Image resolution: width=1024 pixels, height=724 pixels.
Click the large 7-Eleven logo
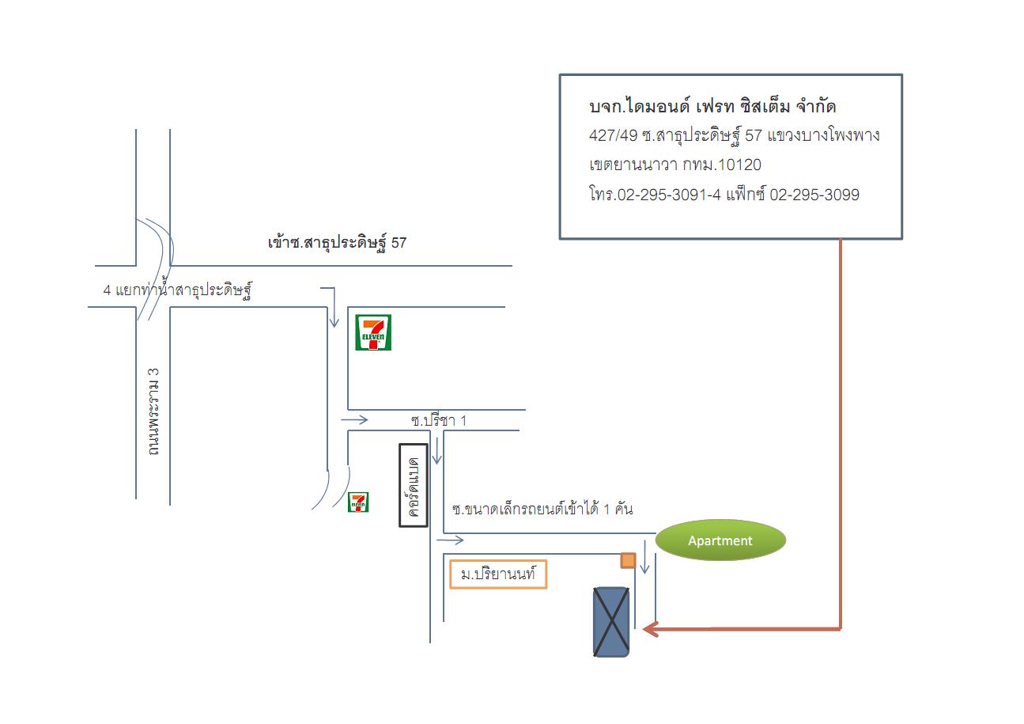[x=373, y=332]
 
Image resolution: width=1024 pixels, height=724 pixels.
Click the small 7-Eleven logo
[x=358, y=502]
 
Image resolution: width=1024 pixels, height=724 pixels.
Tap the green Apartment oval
[x=720, y=540]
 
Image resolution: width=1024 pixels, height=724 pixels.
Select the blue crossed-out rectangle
[x=611, y=622]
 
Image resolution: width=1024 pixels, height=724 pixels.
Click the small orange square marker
[x=628, y=560]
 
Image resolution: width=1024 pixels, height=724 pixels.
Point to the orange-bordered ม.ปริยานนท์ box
[x=498, y=574]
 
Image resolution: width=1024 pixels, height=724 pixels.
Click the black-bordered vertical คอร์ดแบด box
[x=414, y=485]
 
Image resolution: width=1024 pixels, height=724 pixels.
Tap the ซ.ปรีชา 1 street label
[x=438, y=420]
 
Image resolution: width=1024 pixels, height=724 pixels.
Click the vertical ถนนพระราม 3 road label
[x=153, y=411]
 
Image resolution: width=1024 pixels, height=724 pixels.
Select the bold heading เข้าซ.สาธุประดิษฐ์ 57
[x=338, y=243]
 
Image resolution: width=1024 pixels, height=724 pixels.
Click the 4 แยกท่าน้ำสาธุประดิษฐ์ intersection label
[x=178, y=290]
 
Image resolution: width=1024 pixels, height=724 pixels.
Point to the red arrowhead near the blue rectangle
[x=650, y=629]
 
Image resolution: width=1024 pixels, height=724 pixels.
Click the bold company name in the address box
[x=712, y=107]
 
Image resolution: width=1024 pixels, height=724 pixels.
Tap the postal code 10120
[x=739, y=165]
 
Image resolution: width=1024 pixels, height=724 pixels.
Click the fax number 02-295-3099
[x=814, y=195]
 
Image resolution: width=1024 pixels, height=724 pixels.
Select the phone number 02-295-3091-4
[x=669, y=195]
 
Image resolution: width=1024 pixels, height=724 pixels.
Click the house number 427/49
[x=613, y=135]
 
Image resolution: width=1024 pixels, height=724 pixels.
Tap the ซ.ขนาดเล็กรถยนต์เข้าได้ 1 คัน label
[x=542, y=509]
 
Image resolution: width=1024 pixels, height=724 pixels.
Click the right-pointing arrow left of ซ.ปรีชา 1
[x=354, y=420]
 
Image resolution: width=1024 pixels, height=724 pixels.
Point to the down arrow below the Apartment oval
[x=644, y=557]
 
